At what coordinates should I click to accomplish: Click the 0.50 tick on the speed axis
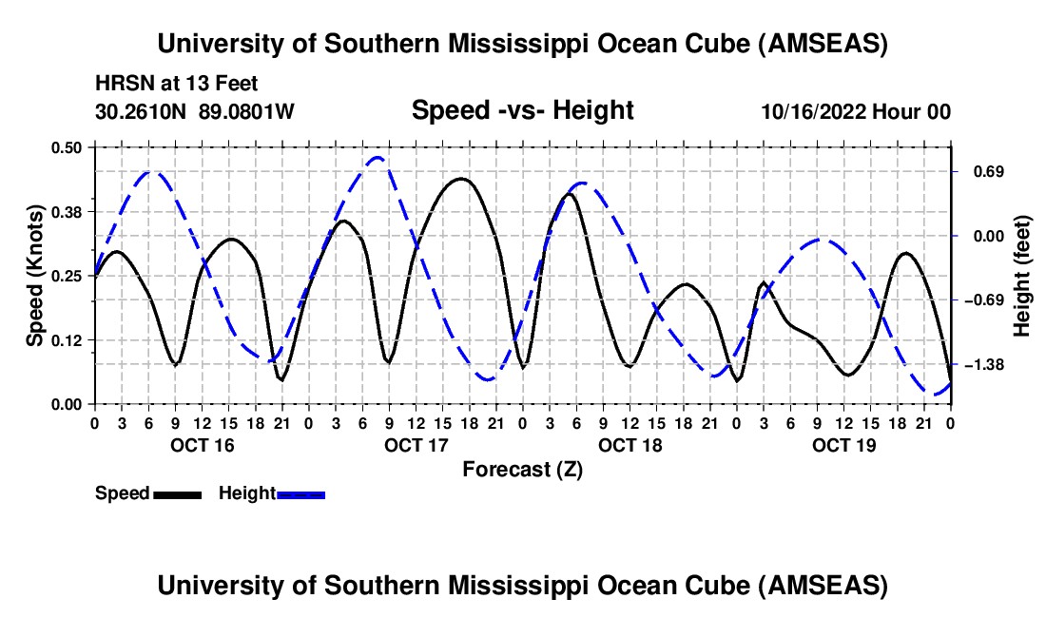click(71, 146)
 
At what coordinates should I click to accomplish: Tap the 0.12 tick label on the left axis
click(71, 339)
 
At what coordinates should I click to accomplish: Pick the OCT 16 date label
click(202, 444)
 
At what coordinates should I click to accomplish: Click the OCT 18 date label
click(630, 444)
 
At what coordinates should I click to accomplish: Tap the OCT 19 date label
click(844, 444)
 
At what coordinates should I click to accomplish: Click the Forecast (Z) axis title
click(522, 469)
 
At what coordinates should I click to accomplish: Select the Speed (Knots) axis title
click(35, 275)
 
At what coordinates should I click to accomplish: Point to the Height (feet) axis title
click(1022, 276)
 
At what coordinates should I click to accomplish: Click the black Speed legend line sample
click(177, 493)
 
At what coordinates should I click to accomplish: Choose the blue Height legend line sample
click(300, 493)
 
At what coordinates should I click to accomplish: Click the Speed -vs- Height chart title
click(522, 110)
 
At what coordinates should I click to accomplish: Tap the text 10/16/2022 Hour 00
click(856, 111)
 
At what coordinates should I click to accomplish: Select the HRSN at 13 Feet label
click(176, 85)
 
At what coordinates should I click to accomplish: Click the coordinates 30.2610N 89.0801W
click(195, 111)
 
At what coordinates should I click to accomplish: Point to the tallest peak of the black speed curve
click(461, 179)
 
